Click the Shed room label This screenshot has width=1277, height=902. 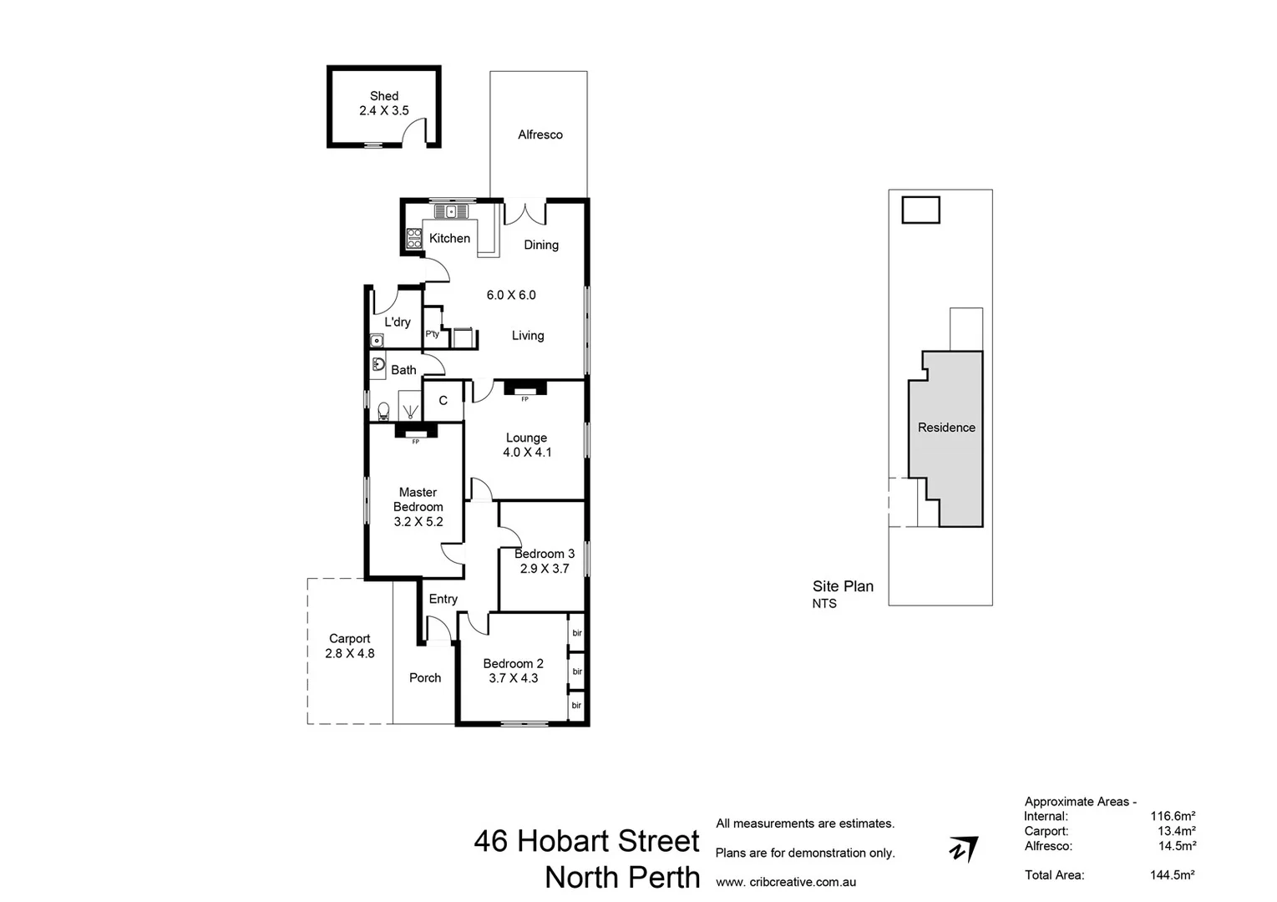(x=384, y=96)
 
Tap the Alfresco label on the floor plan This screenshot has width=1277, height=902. (x=540, y=134)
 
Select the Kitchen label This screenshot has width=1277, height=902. (x=449, y=238)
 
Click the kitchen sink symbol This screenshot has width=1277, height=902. (x=453, y=210)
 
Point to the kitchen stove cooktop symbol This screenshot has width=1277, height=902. (x=413, y=239)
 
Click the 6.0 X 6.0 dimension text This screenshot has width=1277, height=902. (x=511, y=295)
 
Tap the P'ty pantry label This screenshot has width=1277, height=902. (x=432, y=334)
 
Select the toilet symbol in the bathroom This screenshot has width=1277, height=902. (x=383, y=410)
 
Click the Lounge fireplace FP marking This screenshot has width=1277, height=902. (x=524, y=399)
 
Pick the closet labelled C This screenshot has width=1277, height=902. (x=443, y=401)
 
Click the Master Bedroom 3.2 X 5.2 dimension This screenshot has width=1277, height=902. (x=418, y=522)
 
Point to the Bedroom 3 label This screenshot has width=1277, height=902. (x=545, y=554)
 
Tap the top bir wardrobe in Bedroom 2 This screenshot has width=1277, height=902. (x=576, y=633)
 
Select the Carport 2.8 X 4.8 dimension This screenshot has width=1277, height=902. (x=349, y=654)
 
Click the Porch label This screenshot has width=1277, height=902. (x=425, y=678)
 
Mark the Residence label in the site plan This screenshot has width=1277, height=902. (x=946, y=428)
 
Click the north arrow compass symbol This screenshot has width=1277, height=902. (x=963, y=849)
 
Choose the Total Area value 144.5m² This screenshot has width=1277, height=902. (x=1172, y=875)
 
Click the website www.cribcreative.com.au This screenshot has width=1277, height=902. (x=786, y=882)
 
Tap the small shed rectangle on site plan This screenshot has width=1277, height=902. (x=920, y=210)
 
